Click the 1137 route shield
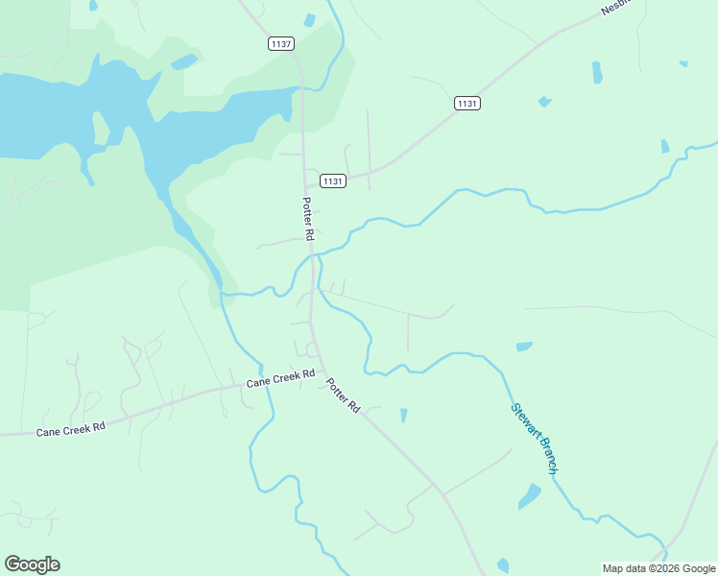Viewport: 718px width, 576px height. (281, 44)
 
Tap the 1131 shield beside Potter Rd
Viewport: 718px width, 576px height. (333, 180)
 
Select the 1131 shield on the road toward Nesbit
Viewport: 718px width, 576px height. (467, 103)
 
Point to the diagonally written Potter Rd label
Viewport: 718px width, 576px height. (342, 395)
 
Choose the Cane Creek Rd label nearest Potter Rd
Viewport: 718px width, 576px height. (280, 378)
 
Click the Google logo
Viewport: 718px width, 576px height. (32, 564)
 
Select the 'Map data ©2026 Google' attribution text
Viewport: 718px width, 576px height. (658, 568)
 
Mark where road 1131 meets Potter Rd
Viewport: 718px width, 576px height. (306, 180)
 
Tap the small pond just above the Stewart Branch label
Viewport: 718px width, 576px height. (524, 346)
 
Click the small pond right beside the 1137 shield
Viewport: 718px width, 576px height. (309, 20)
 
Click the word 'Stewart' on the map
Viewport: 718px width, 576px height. (523, 420)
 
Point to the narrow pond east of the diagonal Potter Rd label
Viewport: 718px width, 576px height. (403, 415)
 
